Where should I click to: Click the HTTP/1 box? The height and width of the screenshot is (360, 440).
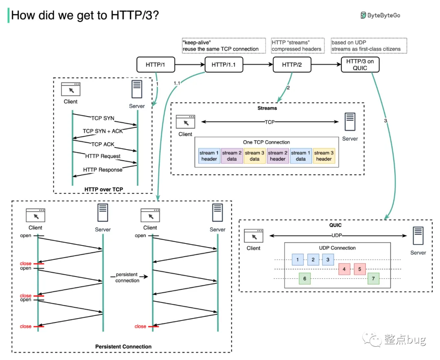[155, 64]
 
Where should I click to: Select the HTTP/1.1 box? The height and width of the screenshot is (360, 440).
[224, 64]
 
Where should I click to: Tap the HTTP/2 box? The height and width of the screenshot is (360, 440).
[292, 64]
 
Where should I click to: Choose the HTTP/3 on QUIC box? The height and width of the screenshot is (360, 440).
[360, 64]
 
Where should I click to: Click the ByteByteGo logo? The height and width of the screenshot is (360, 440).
[380, 15]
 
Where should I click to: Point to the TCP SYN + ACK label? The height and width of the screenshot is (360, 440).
[103, 131]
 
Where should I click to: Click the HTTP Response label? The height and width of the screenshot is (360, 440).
[103, 170]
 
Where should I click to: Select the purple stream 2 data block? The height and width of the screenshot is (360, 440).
[232, 156]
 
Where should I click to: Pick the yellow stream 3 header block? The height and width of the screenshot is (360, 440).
[324, 156]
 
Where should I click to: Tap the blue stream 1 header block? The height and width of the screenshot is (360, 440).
[209, 156]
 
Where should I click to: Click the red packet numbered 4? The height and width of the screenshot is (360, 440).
[344, 269]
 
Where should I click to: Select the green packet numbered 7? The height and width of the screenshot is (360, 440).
[373, 279]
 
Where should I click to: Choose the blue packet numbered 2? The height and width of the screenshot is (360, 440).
[313, 260]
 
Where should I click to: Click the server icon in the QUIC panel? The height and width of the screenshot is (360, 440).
[418, 236]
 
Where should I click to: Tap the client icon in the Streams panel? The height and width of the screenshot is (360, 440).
[185, 121]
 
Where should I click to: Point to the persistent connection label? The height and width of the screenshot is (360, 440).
[127, 277]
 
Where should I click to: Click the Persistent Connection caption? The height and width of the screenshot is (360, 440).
[123, 347]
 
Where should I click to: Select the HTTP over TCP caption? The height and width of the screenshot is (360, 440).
[104, 189]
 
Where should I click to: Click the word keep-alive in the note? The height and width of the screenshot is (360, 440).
[197, 42]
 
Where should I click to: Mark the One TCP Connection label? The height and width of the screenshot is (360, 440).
[266, 142]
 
